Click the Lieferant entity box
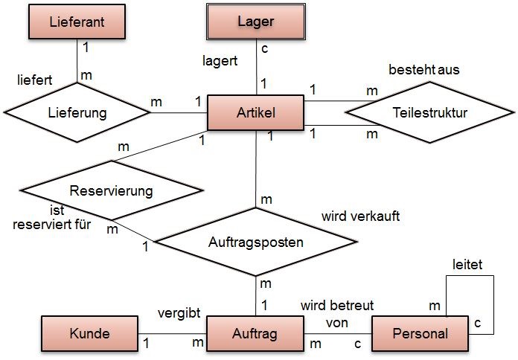(x=76, y=22)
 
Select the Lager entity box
(x=255, y=22)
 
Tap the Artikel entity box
(x=255, y=113)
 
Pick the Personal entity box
(x=421, y=334)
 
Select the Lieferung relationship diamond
(x=77, y=113)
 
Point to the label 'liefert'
(x=34, y=78)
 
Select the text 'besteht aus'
(x=424, y=69)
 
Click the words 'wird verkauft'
(x=361, y=216)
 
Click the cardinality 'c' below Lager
(x=265, y=48)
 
